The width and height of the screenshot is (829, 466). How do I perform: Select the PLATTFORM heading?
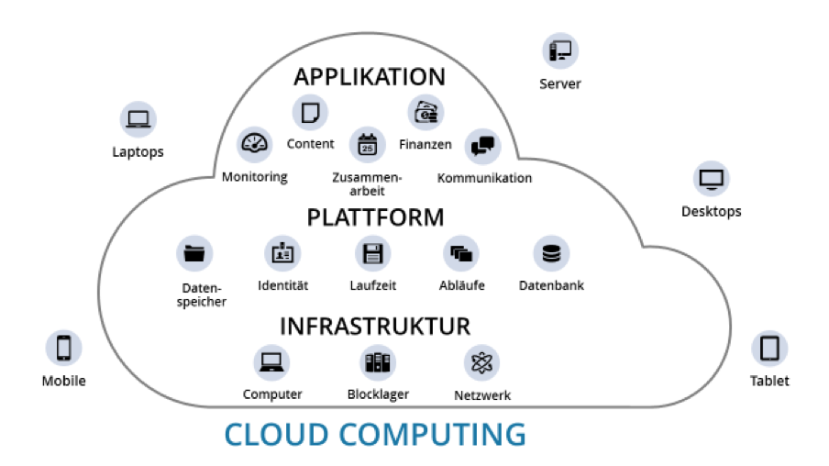[375, 217]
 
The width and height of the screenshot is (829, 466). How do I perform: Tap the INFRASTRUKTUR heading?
[374, 327]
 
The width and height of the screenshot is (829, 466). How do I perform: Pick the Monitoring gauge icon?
[255, 145]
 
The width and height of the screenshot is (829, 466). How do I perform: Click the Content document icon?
[310, 113]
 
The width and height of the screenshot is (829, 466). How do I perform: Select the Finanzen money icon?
[426, 113]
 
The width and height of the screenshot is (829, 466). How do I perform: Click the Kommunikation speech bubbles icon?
[483, 145]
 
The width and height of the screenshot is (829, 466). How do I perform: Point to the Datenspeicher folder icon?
[194, 253]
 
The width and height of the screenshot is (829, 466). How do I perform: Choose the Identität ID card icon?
[282, 253]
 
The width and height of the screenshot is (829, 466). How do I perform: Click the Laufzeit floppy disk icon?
[373, 253]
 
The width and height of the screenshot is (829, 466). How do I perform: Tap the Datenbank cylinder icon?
[551, 253]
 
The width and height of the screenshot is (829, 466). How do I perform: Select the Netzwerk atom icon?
[482, 363]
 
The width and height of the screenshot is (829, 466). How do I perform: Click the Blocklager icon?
[378, 362]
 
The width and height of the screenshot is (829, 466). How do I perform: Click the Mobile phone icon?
[64, 349]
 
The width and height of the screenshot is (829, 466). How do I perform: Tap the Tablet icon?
[769, 349]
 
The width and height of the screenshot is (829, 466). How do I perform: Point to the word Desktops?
[711, 212]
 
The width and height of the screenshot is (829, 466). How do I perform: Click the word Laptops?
[138, 151]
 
